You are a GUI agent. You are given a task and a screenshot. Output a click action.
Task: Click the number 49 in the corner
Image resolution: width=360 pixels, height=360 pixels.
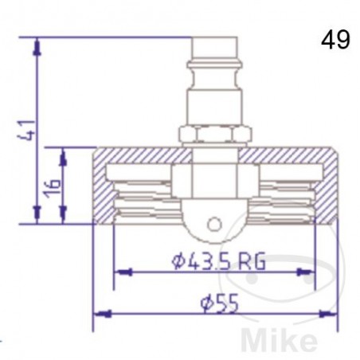pos(336,41)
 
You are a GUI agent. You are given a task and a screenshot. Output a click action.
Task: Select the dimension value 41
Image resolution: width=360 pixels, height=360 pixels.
pos(29,129)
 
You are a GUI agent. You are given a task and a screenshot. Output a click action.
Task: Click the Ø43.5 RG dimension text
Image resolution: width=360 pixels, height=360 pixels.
pos(217,260)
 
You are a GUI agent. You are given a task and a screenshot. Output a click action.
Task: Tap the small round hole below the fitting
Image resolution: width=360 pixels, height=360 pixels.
pos(212,224)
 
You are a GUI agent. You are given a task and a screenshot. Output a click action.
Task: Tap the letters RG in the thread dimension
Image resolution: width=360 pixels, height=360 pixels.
pos(251,260)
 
